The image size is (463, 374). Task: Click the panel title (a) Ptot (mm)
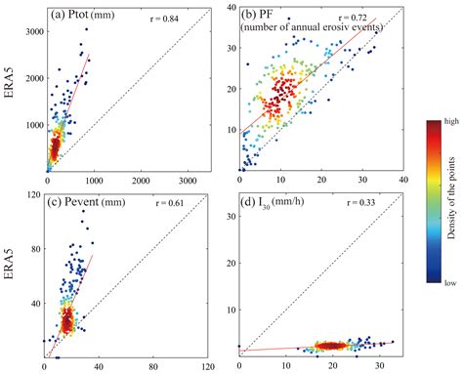tap(85, 17)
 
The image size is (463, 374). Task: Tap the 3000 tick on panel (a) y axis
tap(32, 32)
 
